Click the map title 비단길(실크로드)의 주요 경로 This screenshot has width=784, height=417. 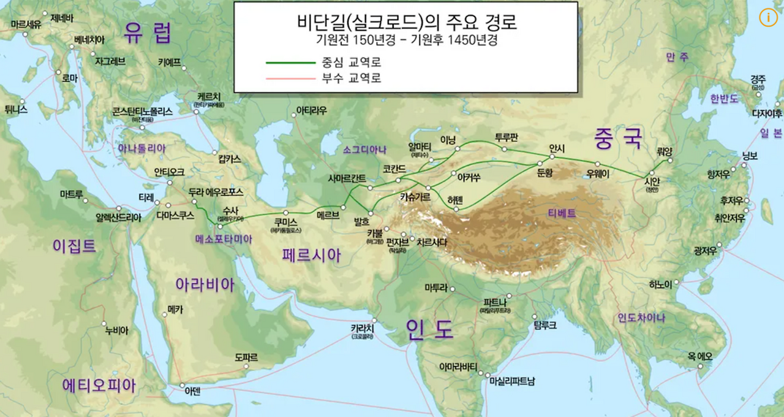pos(405,22)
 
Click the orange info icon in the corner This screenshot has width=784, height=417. pos(767,17)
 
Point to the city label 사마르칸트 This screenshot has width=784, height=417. pos(347,178)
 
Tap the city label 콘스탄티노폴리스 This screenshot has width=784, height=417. pos(143,112)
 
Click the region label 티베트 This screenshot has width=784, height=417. pos(562,213)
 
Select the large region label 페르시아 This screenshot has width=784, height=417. pos(311,254)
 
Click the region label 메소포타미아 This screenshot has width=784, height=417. pos(223,239)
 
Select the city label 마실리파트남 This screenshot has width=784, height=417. pos(512,381)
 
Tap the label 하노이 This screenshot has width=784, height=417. pos(661,284)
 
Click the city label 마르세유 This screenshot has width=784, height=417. pos(26,25)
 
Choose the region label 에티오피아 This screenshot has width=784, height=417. pos(99,385)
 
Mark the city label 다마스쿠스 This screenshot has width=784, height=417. pos(175,215)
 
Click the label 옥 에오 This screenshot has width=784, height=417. pos(699,356)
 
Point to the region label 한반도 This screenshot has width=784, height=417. pos(724,98)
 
